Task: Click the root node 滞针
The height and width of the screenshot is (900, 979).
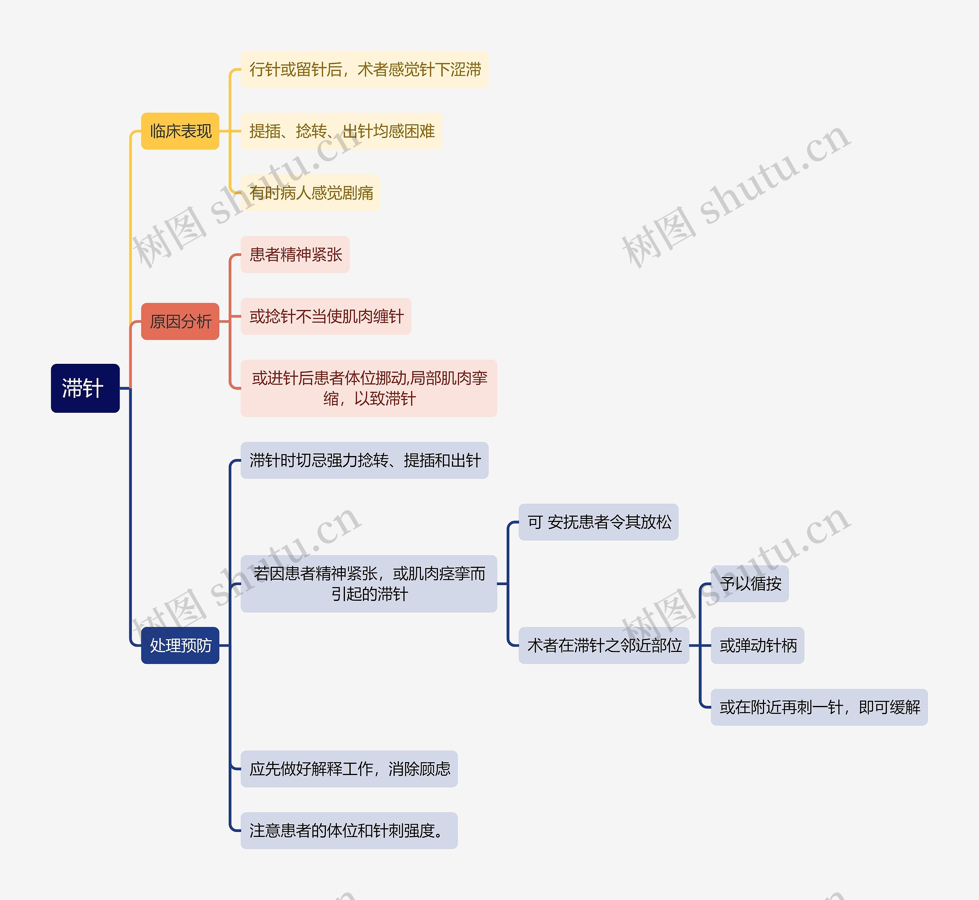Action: click(85, 388)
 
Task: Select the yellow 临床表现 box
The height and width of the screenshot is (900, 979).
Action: click(180, 131)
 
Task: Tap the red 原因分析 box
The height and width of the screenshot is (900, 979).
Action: click(180, 321)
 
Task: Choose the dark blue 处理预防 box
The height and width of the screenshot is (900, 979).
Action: click(180, 645)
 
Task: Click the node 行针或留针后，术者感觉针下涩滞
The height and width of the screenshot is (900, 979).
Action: click(364, 70)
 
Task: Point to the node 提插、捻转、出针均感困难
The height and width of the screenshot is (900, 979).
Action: click(341, 131)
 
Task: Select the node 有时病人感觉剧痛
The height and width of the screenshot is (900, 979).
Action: click(311, 193)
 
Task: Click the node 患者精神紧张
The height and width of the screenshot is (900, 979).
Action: click(295, 255)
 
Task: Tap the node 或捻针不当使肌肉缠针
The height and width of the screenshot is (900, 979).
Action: click(325, 316)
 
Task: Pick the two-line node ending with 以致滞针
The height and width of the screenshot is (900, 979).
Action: click(369, 388)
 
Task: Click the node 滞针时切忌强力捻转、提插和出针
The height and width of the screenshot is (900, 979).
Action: click(364, 460)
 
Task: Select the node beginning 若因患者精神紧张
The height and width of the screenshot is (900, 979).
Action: click(369, 584)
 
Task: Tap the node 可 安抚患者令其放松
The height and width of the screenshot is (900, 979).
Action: click(598, 522)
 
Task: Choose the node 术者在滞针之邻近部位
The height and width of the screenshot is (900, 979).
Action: click(604, 645)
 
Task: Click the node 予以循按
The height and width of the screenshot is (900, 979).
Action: click(750, 584)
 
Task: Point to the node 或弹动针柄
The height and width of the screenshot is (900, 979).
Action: click(757, 645)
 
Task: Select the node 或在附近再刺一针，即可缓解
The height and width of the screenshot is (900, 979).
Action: click(819, 707)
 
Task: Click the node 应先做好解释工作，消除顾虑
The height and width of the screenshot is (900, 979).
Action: click(349, 769)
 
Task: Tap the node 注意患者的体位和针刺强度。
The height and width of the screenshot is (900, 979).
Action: click(349, 830)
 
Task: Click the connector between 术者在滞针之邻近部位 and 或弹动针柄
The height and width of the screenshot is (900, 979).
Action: click(700, 646)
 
